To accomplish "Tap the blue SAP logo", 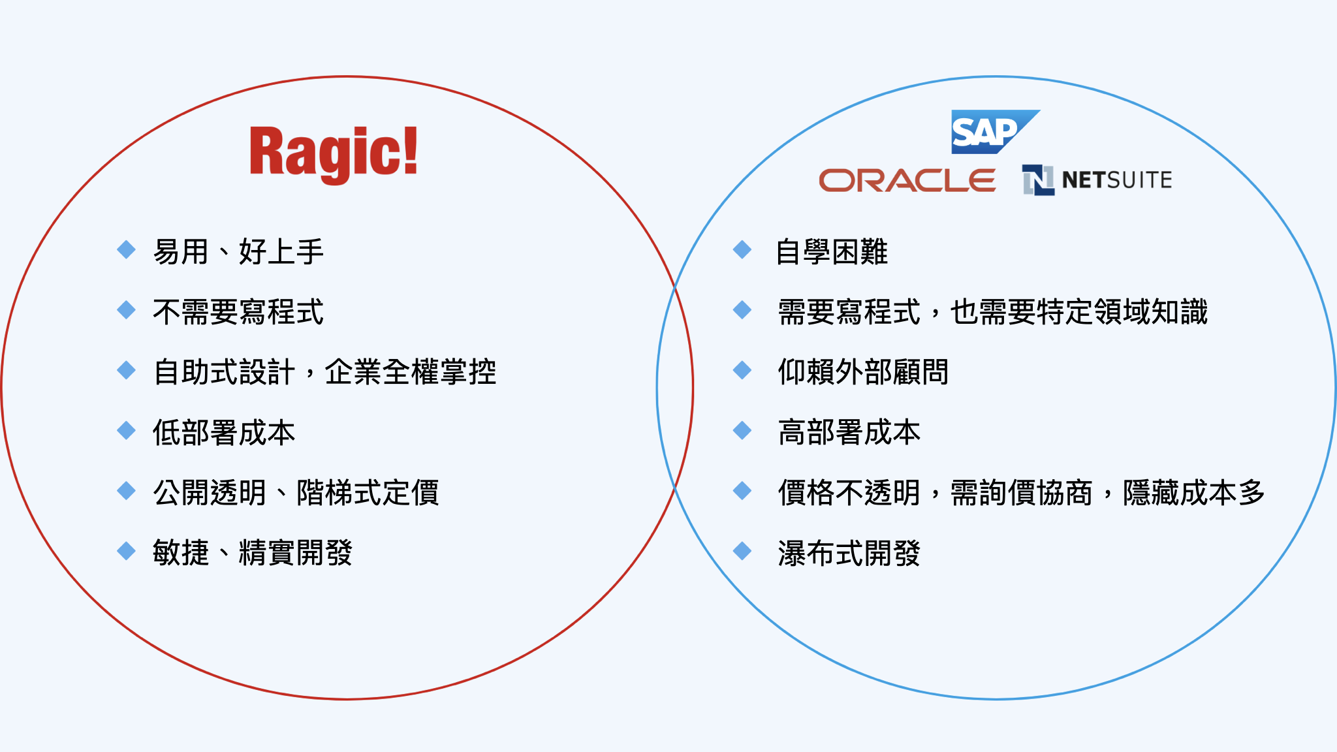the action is point(995,132).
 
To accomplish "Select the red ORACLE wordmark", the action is point(907,180).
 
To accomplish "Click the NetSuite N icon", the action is point(1038,180).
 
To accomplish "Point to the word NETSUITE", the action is point(1117,180).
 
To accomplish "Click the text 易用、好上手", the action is point(238,251).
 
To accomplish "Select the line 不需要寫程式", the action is point(238,311).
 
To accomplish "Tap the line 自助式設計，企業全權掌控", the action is point(324,371).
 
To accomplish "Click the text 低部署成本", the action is point(224,432).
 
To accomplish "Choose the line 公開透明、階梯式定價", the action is point(296,492).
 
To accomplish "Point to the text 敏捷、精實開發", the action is point(253,552).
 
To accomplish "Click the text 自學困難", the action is point(832,251).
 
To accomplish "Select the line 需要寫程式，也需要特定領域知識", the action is point(992,311).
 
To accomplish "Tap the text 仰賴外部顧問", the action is point(863,371).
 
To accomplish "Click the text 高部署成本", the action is point(849,432).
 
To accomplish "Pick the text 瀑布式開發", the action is point(849,552).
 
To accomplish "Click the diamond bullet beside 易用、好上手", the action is point(126,249).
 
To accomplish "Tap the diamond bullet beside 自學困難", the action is point(742,249).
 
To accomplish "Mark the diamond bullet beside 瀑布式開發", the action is point(742,551).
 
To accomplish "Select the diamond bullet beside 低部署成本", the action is point(126,430).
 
